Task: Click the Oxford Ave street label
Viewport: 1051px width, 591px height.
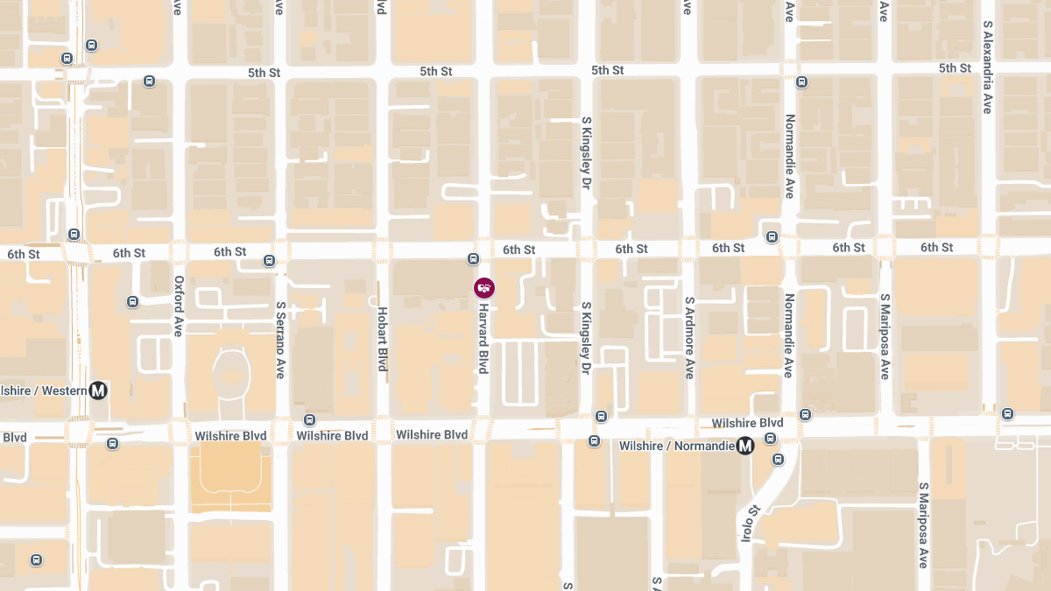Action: [179, 306]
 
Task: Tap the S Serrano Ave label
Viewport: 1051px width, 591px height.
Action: [280, 340]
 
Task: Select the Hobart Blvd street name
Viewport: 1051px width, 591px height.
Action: [382, 339]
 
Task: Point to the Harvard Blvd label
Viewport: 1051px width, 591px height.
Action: [483, 339]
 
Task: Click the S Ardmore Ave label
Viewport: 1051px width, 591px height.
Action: [689, 337]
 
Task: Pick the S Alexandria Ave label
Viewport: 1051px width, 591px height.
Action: [987, 67]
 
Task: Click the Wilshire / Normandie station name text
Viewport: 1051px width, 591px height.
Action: [675, 446]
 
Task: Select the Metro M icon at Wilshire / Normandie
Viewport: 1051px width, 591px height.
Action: [745, 446]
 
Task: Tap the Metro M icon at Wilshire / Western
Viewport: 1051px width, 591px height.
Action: [98, 390]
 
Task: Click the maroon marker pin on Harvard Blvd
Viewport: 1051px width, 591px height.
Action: [484, 287]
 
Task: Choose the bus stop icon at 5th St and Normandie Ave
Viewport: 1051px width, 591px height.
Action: [801, 82]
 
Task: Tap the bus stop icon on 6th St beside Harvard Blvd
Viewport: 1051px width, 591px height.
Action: [473, 258]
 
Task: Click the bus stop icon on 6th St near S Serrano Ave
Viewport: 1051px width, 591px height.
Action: [269, 260]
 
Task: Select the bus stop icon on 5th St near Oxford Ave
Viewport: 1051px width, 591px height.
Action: [149, 81]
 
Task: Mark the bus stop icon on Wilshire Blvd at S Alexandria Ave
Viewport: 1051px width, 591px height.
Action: [1007, 413]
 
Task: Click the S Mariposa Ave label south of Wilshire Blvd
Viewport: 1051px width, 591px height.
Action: [922, 524]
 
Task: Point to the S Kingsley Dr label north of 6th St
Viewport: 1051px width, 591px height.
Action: [586, 154]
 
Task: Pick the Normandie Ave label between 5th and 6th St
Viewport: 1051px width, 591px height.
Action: [789, 156]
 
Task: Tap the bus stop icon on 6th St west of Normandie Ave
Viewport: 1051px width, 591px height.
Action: [772, 236]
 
